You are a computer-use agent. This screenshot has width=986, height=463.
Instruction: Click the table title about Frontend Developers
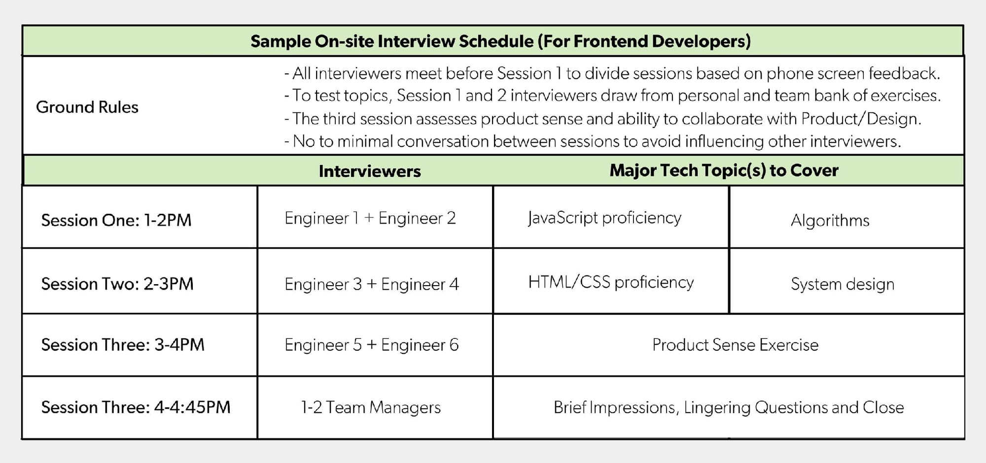tap(500, 41)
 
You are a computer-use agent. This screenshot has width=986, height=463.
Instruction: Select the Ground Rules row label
tap(87, 107)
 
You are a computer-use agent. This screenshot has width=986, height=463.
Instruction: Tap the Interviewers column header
tap(370, 171)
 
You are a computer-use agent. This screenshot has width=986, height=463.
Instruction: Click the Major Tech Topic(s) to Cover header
tap(724, 170)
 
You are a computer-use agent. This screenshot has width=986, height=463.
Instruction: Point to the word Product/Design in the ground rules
tap(861, 119)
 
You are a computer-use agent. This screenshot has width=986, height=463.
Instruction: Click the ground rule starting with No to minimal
tap(593, 141)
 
